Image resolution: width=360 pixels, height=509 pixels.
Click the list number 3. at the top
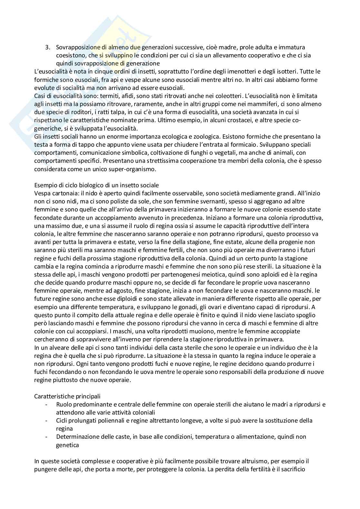[47, 47]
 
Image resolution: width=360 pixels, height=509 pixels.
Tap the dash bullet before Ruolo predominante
[47, 404]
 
